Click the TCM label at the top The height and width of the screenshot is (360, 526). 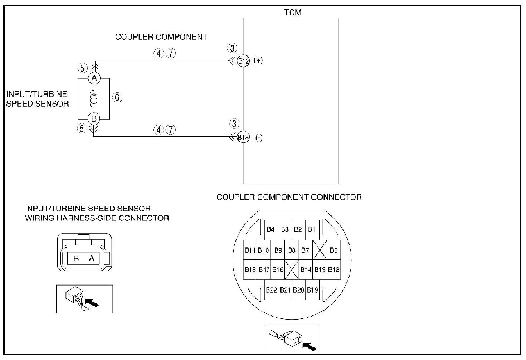click(x=293, y=13)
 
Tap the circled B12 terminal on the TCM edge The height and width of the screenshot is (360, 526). click(x=243, y=61)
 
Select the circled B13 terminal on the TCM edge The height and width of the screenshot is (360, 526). click(x=243, y=137)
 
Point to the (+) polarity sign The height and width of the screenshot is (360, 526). click(x=258, y=60)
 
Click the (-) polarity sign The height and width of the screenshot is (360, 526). click(x=259, y=137)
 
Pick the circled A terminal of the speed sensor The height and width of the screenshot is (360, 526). click(x=94, y=78)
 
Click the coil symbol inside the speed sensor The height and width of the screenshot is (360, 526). click(x=94, y=98)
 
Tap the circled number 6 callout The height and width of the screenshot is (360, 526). click(x=117, y=97)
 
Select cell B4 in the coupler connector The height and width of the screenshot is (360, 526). click(x=271, y=229)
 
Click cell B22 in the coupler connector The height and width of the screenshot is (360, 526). click(x=272, y=290)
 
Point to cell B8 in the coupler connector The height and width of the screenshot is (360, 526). click(x=292, y=250)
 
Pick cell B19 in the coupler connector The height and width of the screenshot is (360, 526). click(x=312, y=290)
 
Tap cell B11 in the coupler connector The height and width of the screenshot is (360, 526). click(x=250, y=250)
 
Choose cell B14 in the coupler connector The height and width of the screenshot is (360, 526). click(x=306, y=269)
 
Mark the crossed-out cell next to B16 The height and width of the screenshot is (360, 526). click(x=292, y=269)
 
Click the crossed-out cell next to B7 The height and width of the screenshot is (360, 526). click(x=320, y=250)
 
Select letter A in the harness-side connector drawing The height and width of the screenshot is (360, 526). click(x=92, y=258)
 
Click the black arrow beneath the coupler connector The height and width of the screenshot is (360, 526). click(x=310, y=346)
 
